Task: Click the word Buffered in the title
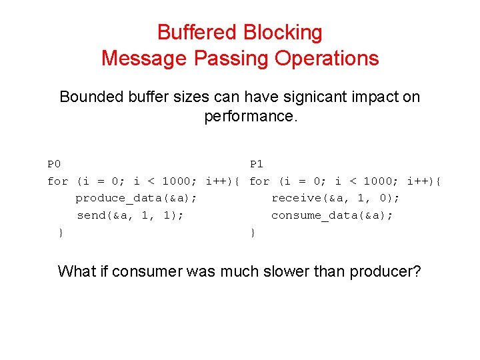197,32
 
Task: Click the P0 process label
54,164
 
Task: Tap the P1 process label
257,164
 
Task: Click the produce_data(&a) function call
135,198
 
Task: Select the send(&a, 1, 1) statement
130,215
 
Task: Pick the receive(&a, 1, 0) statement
335,198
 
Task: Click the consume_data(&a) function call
332,215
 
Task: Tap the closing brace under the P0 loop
61,233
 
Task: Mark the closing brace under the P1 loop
253,233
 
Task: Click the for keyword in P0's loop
58,181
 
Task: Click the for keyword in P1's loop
259,181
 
